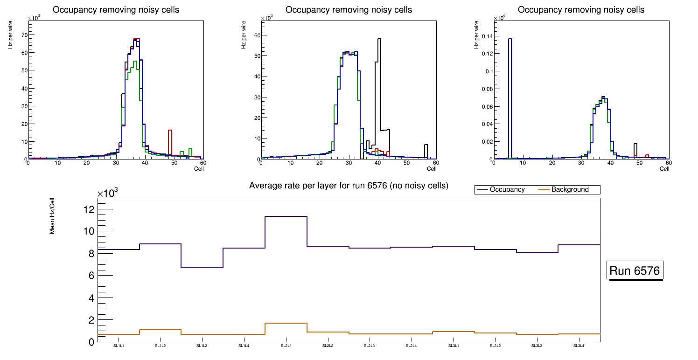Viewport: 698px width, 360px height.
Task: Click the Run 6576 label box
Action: [635, 271]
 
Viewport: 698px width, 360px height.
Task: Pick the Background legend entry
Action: [570, 190]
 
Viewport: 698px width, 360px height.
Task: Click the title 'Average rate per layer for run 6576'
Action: [349, 186]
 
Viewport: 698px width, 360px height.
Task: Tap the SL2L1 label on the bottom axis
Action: [286, 346]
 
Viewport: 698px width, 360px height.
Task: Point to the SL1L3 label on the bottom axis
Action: [202, 346]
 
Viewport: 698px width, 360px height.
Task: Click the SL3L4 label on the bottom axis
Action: [579, 346]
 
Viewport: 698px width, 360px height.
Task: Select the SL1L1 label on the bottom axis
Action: [119, 346]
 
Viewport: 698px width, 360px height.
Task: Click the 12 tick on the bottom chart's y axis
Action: [89, 209]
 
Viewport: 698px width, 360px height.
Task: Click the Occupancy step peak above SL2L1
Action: [286, 216]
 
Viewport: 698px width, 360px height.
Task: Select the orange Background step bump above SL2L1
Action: [286, 323]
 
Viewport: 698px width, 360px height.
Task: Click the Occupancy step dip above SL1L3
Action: [202, 267]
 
